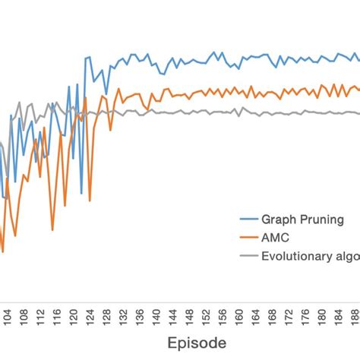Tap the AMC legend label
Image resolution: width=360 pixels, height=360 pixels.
tap(276, 237)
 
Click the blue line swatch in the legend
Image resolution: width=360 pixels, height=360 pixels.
tap(248, 218)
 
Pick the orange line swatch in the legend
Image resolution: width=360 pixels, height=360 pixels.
tap(248, 237)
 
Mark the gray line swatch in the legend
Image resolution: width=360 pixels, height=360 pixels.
tap(248, 256)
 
